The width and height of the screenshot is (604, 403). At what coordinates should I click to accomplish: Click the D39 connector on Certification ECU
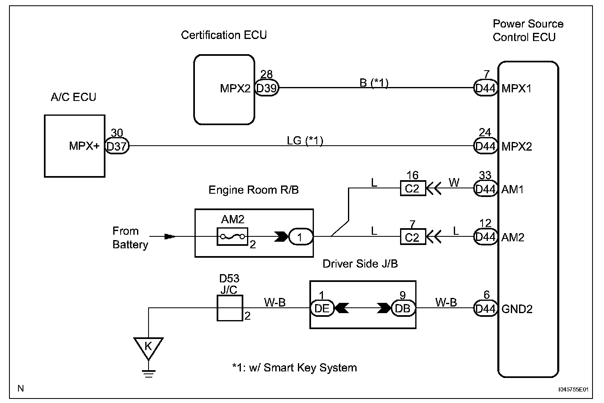pyautogui.click(x=267, y=88)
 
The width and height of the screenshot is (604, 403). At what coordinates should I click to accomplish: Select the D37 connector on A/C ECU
pyautogui.click(x=117, y=147)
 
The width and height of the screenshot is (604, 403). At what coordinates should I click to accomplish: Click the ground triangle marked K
pyautogui.click(x=148, y=347)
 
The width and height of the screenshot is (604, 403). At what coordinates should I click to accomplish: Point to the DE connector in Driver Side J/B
pyautogui.click(x=322, y=308)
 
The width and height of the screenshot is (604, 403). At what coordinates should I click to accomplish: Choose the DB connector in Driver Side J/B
pyautogui.click(x=403, y=308)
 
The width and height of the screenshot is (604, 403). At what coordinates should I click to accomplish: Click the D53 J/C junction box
pyautogui.click(x=229, y=308)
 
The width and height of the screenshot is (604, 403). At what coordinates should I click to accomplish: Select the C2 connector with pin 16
pyautogui.click(x=413, y=189)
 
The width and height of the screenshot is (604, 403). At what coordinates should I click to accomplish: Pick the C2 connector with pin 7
pyautogui.click(x=413, y=237)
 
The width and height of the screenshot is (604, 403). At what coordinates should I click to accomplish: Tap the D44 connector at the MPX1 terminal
pyautogui.click(x=485, y=88)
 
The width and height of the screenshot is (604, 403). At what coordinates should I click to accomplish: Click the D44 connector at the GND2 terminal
pyautogui.click(x=485, y=309)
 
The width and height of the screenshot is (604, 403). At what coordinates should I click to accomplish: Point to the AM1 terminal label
pyautogui.click(x=512, y=189)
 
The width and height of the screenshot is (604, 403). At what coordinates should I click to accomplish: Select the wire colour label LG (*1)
pyautogui.click(x=305, y=141)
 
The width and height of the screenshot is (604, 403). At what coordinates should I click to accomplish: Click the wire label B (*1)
pyautogui.click(x=374, y=83)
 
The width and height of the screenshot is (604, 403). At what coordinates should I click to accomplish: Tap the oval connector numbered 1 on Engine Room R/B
pyautogui.click(x=300, y=237)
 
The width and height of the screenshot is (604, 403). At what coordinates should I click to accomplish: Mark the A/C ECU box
pyautogui.click(x=74, y=146)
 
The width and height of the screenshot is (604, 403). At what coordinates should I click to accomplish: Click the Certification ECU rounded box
pyautogui.click(x=224, y=89)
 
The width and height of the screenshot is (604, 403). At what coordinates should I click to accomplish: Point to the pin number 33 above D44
pyautogui.click(x=485, y=176)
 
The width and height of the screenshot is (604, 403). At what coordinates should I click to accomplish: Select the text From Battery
pyautogui.click(x=130, y=238)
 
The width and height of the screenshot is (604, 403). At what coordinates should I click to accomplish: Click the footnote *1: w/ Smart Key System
pyautogui.click(x=294, y=368)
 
